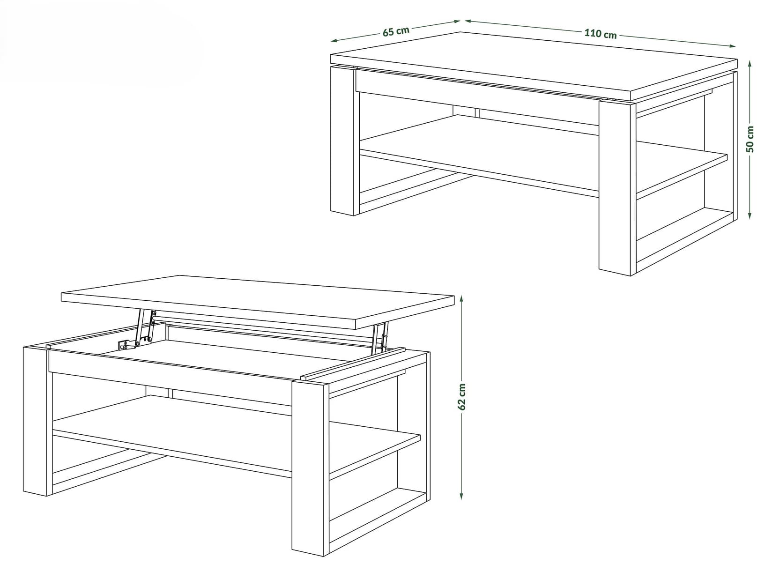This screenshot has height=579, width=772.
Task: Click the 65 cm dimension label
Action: [396, 31]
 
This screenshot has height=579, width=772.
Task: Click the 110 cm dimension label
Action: [600, 34]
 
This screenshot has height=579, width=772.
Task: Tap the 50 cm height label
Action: [750, 139]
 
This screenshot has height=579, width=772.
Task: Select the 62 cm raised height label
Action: [461, 396]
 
